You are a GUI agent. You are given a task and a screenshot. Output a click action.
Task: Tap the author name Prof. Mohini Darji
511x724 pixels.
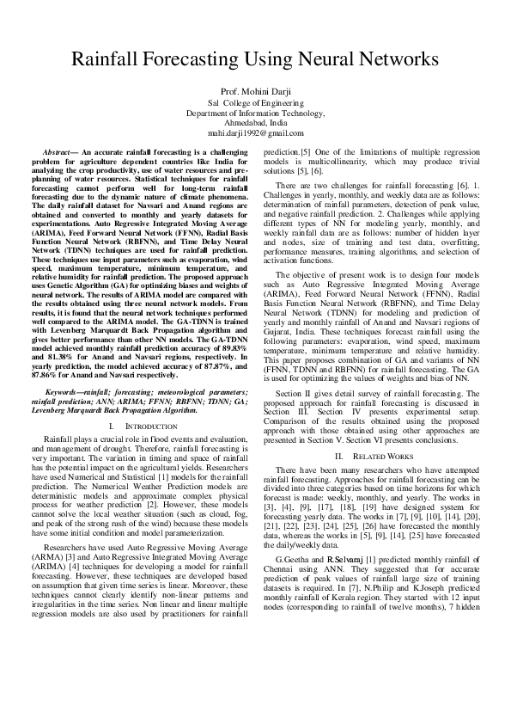coord(255,91)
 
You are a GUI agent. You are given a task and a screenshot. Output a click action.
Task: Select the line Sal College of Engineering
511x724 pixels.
coord(255,102)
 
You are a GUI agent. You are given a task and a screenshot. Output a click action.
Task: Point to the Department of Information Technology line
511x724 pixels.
coord(255,113)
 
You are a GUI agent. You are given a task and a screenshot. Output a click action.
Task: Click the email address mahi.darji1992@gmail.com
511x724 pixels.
coord(255,134)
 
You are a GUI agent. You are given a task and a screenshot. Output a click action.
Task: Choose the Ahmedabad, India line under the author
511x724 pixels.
coord(255,123)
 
